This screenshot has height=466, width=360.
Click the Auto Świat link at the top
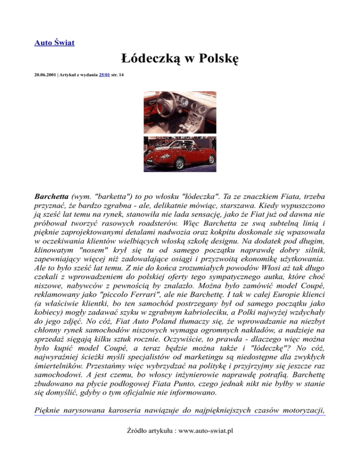(x=55, y=43)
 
